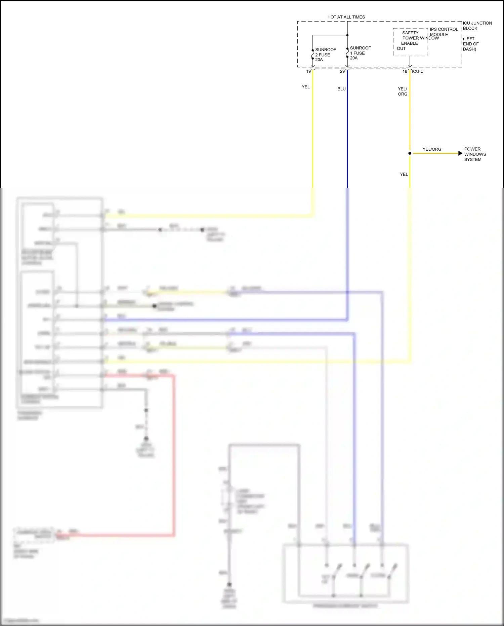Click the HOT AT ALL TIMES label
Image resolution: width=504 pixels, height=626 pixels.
346,17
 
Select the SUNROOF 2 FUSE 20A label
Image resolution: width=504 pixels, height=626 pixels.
325,54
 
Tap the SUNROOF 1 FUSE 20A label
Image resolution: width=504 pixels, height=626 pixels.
360,53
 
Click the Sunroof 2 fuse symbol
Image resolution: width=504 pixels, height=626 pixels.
312,54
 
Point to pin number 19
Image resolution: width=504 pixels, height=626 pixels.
308,71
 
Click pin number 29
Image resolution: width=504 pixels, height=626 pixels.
342,71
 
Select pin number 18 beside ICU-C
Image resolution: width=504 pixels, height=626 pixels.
405,71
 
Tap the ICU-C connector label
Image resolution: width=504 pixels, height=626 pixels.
418,71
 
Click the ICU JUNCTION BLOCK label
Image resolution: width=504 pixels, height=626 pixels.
477,26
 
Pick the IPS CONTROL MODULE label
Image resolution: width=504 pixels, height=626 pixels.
444,32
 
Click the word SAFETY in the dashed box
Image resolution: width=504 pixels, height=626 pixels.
410,33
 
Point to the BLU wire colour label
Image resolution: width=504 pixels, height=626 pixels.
341,89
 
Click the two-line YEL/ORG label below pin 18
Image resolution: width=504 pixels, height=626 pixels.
402,91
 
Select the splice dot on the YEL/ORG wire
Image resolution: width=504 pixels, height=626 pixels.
410,153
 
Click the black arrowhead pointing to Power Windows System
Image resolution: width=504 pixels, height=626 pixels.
460,153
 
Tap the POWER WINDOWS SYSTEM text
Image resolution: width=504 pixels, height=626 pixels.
475,154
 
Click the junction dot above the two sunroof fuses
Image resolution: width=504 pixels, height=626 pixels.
347,35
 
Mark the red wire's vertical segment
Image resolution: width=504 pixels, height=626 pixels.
174,454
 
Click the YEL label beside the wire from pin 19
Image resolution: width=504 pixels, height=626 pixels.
305,87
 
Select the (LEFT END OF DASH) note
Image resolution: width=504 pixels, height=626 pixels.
470,44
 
